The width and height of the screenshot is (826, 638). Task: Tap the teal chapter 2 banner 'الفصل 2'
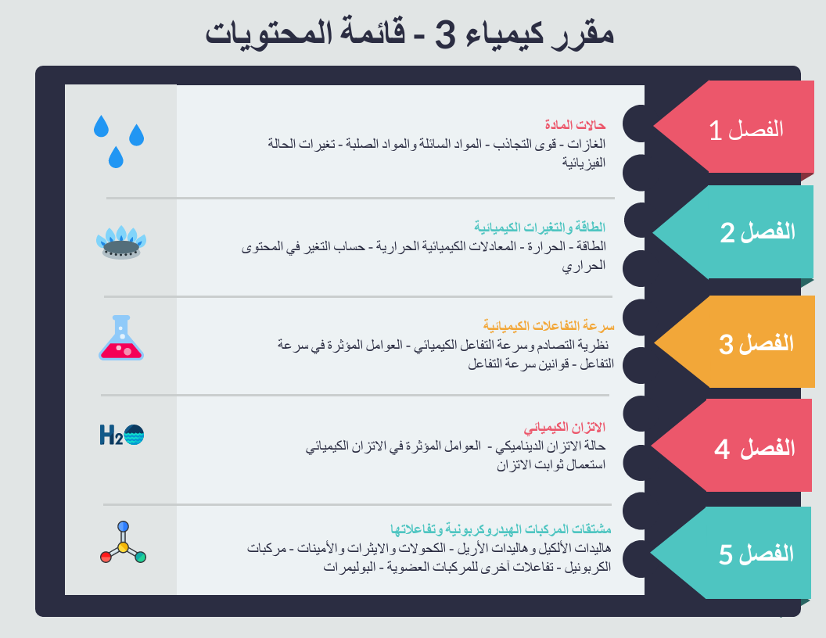(x=738, y=231)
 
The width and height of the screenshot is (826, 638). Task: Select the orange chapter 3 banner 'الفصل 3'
(x=738, y=342)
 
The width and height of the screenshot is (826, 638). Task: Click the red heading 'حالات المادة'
(x=575, y=125)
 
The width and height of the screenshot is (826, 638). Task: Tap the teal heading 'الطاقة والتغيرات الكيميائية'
(x=540, y=227)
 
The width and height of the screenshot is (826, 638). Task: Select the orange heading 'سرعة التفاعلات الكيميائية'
(x=549, y=326)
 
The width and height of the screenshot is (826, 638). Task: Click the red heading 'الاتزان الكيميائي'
(x=564, y=427)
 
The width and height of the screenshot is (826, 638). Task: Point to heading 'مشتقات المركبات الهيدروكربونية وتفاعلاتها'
(x=501, y=529)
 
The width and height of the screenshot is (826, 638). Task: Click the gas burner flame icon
(x=121, y=242)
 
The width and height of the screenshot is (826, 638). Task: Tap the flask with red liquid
(x=121, y=338)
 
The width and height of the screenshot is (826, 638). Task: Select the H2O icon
(x=122, y=435)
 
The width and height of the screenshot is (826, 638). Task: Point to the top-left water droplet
(x=101, y=127)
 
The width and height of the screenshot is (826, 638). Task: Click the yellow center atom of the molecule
(x=124, y=547)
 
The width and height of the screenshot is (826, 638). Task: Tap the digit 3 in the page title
(x=444, y=35)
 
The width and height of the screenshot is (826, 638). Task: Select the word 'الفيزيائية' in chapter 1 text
(x=584, y=163)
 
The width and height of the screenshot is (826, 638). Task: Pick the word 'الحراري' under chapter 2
(x=584, y=266)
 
